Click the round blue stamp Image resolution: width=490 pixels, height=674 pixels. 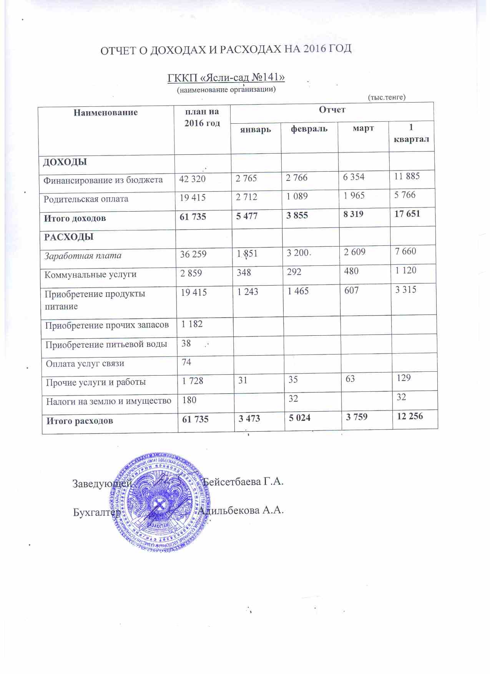tap(162, 502)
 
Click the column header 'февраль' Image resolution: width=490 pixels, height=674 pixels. tap(309, 129)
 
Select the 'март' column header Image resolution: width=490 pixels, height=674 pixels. tap(363, 128)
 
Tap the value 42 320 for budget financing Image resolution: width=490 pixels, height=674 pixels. tap(192, 179)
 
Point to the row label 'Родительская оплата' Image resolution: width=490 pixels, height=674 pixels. tap(86, 199)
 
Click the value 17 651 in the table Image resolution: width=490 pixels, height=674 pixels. tap(407, 214)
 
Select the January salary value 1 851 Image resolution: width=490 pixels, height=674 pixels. tap(247, 253)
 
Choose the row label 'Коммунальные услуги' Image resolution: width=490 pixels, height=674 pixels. tap(90, 275)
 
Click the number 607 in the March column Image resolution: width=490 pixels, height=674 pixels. tap(351, 290)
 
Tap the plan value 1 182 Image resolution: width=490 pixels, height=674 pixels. tap(192, 324)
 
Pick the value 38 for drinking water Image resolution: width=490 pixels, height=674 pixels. tap(186, 343)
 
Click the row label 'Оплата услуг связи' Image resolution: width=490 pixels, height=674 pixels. tap(85, 363)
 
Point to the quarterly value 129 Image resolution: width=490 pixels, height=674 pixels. tap(404, 378)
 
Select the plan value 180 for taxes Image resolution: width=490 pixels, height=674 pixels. tap(189, 400)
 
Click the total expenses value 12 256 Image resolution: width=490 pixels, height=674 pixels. tap(410, 416)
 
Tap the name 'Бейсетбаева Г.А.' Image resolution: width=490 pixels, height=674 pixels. tap(243, 481)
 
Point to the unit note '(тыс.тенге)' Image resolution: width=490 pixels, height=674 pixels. tap(387, 97)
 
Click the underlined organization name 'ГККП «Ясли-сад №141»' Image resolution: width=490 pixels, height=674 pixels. tap(226, 78)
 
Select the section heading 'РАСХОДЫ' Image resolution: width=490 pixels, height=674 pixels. tap(69, 237)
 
